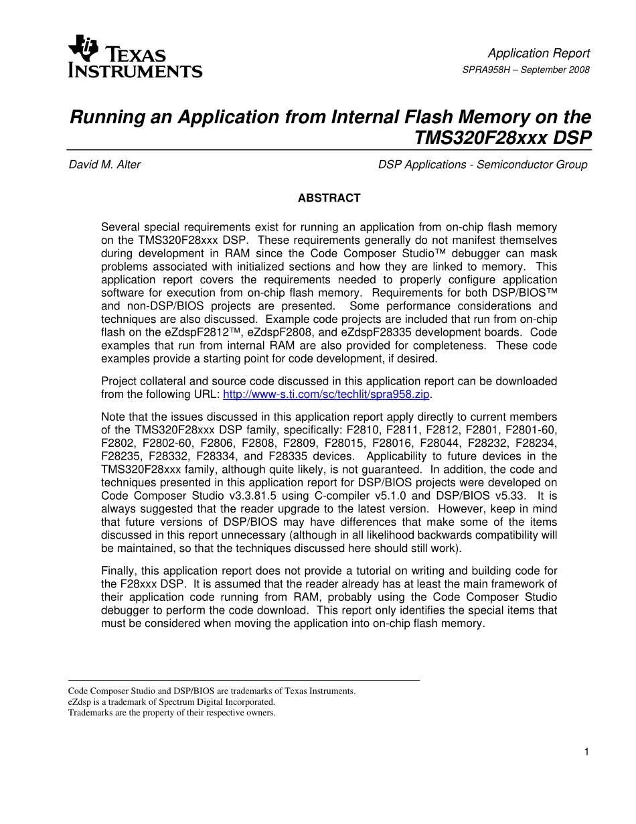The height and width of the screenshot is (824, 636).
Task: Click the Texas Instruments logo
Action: [135, 56]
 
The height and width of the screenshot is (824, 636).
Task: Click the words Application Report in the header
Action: [538, 54]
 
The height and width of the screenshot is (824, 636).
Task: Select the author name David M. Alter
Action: [104, 165]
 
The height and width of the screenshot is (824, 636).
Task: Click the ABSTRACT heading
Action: [329, 198]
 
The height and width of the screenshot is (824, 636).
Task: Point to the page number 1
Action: [586, 752]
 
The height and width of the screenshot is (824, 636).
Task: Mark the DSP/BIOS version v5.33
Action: [510, 495]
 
